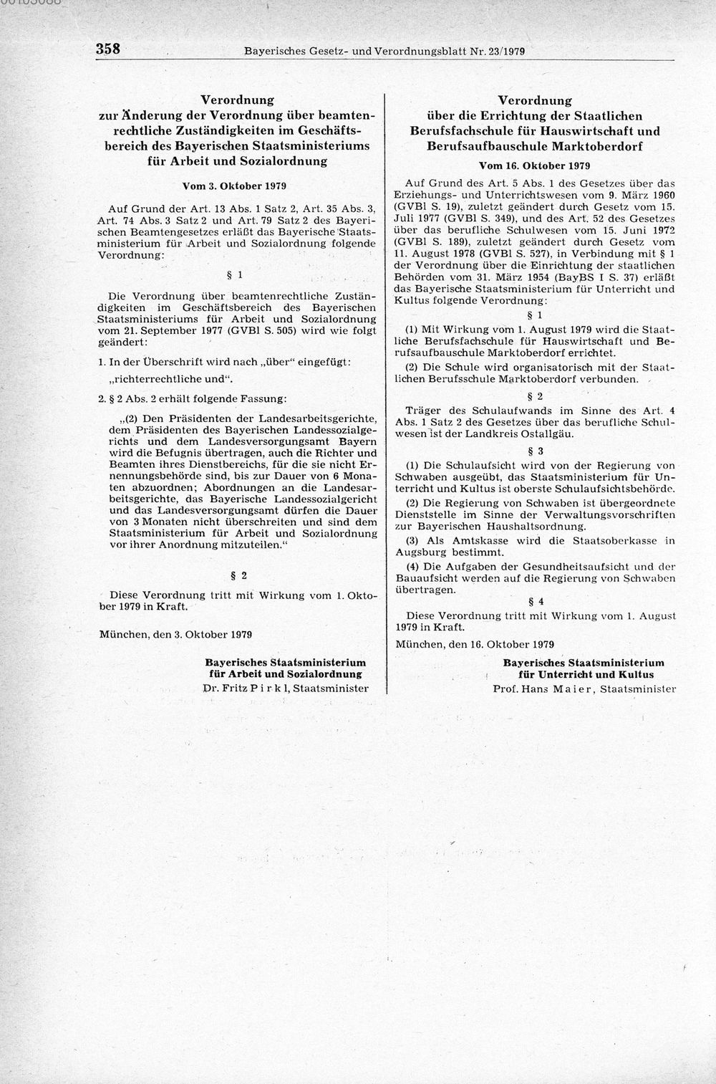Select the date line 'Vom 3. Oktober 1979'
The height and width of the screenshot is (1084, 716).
tap(234, 186)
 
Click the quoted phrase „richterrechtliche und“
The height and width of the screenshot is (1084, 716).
tap(172, 379)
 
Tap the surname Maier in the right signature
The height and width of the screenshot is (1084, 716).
tap(571, 689)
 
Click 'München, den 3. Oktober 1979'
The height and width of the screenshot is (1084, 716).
tap(175, 634)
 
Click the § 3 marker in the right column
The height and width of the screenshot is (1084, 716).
tap(536, 451)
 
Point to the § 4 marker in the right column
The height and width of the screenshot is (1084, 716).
tap(536, 601)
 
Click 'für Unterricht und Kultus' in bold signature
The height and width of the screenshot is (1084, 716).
tap(583, 675)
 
